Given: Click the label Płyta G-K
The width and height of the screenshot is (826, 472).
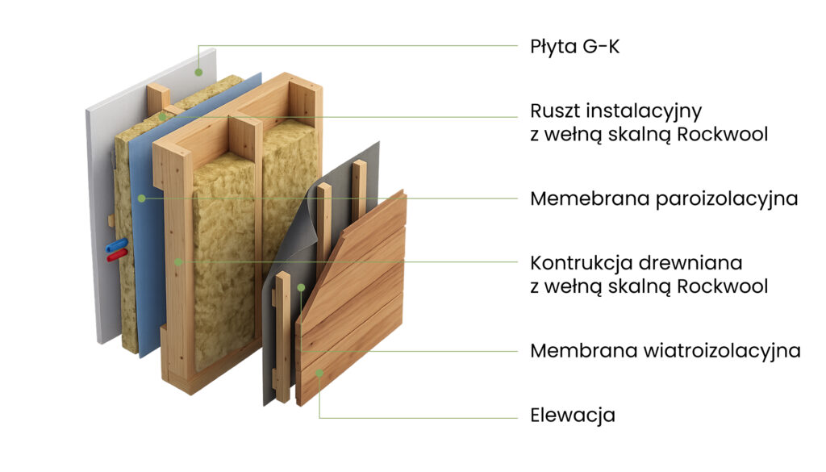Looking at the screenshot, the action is coord(574,47).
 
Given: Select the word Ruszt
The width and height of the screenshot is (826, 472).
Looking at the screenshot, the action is coord(555,111).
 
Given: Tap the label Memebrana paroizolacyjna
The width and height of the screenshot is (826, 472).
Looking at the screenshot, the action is coord(664,199).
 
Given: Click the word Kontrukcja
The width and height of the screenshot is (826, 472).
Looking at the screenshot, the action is coord(579,263).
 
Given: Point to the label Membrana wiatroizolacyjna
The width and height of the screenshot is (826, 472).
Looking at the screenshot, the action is coord(665,351).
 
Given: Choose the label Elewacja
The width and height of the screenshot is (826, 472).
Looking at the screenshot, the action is coord(573,415).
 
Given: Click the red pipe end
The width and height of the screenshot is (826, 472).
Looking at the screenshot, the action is coord(117,256).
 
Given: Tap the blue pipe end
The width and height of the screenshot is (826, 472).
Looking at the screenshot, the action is coord(116,245).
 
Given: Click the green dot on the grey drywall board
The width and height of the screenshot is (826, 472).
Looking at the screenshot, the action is coord(198,72).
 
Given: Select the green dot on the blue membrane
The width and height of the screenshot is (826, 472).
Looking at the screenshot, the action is coord(142,198).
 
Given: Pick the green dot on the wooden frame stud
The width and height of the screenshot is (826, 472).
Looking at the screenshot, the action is coord(178,261).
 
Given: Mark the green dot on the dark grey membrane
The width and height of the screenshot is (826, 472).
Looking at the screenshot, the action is coord(301,287).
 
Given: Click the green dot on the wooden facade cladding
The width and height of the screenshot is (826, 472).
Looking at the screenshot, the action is coord(319,373).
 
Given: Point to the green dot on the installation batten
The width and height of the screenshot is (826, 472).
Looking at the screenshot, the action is coord(163,116).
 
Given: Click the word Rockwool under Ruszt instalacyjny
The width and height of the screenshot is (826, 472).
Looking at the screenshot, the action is coord(722,134).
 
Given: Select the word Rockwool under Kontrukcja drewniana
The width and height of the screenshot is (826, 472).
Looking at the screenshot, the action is coord(722,286).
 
